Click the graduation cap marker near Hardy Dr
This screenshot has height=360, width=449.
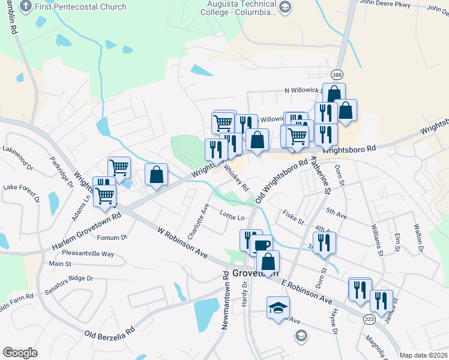click(x=278, y=308)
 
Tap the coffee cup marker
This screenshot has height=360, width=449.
click(x=261, y=245)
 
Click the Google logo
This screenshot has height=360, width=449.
click(x=20, y=353)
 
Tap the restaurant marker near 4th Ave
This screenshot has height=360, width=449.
click(x=324, y=242)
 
